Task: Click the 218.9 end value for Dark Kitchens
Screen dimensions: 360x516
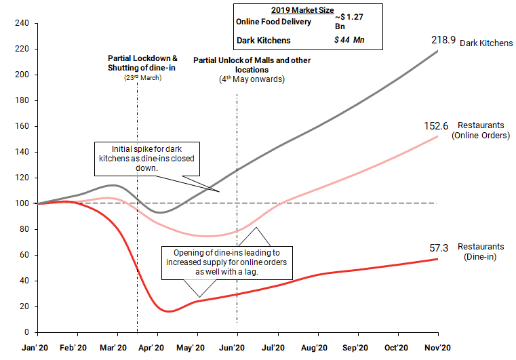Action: click(x=443, y=41)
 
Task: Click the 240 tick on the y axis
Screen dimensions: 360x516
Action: click(x=21, y=23)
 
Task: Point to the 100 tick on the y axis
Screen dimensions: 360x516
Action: click(x=21, y=203)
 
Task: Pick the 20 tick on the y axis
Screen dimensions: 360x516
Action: click(x=24, y=306)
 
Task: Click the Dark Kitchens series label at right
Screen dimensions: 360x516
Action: click(x=486, y=43)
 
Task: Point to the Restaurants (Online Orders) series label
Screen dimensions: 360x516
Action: click(x=481, y=131)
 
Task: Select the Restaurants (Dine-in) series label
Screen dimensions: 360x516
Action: click(x=481, y=252)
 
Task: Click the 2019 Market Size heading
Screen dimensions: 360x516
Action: click(x=307, y=10)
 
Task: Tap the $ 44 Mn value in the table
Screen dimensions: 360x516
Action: click(x=349, y=40)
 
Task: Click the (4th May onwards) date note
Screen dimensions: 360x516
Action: click(x=252, y=79)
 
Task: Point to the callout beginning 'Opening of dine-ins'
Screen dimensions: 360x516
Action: click(x=227, y=262)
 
